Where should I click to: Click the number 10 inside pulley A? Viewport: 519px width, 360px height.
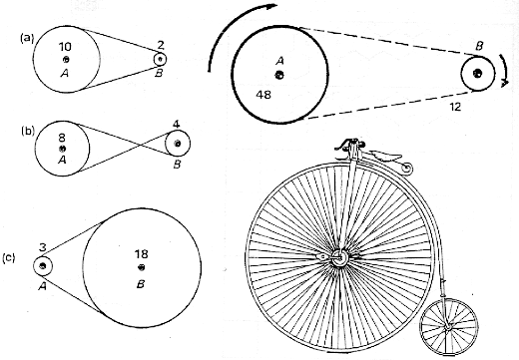click(x=66, y=47)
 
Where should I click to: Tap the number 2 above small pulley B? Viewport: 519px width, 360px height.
click(x=162, y=45)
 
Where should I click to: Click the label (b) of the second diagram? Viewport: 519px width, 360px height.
click(x=28, y=130)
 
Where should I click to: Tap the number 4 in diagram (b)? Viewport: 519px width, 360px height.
click(x=177, y=126)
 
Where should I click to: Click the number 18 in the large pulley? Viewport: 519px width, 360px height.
click(x=141, y=254)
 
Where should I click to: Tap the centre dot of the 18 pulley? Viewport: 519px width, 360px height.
click(x=141, y=267)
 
